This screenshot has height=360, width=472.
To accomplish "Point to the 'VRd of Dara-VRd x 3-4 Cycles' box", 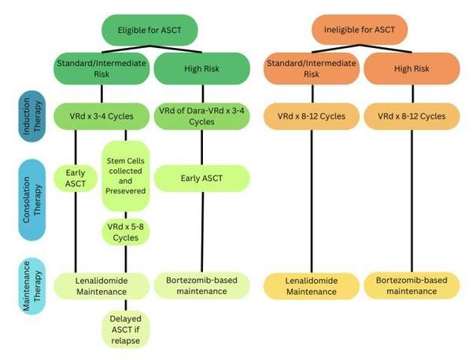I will pyautogui.click(x=196, y=116).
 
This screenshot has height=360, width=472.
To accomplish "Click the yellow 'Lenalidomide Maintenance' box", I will pyautogui.click(x=311, y=285).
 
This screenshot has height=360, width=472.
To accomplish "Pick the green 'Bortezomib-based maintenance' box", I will pyautogui.click(x=197, y=285).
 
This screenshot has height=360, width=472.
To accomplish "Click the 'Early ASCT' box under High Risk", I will pyautogui.click(x=197, y=178).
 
